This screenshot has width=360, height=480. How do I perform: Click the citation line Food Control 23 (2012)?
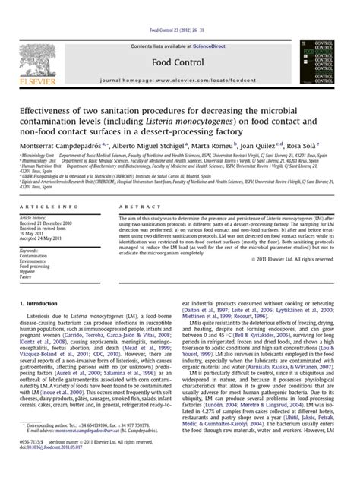[179, 6]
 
